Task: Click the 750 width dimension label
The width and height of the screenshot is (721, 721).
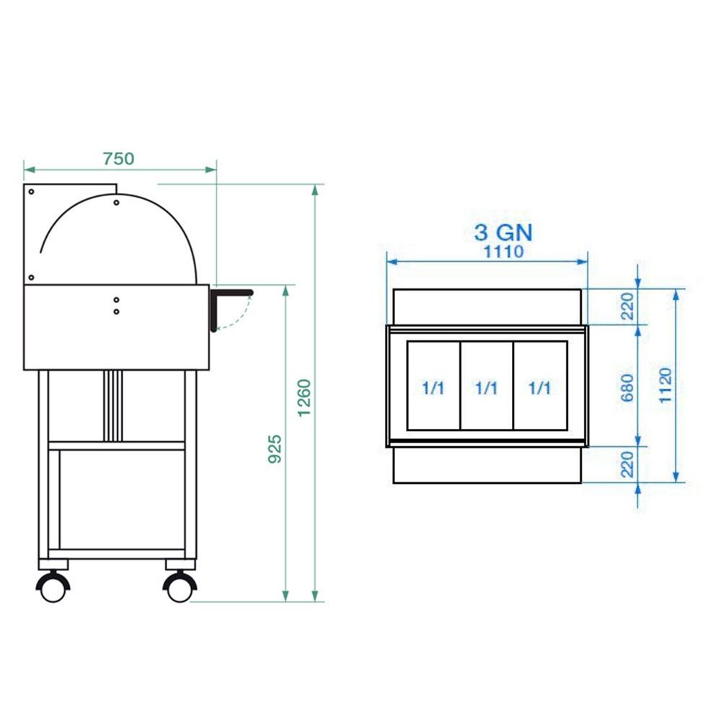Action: pos(119,159)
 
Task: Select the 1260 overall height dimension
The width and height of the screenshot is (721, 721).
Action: pos(304,398)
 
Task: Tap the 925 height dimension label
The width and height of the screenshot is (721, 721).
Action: pos(275,448)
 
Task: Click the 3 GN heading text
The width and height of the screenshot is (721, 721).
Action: pos(503,233)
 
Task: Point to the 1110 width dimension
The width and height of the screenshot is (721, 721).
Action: pos(503,252)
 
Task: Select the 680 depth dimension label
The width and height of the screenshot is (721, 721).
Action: pos(627,388)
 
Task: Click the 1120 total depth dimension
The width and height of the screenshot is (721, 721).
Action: pos(665,385)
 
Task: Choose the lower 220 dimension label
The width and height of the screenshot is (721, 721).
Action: pos(627,464)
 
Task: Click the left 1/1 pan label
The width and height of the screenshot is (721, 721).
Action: pos(433,388)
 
